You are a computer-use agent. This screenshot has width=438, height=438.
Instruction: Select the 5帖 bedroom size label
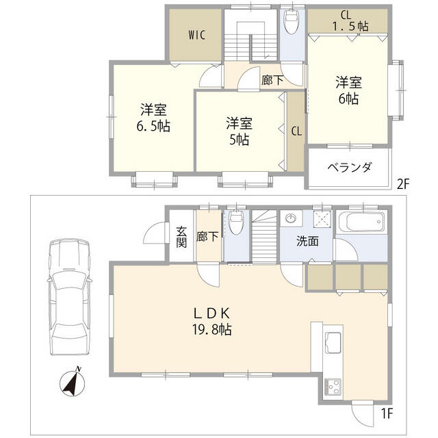tap(239, 140)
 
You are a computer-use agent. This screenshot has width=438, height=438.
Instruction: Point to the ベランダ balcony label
tap(348, 168)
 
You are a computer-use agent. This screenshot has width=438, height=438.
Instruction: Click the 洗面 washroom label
tap(307, 241)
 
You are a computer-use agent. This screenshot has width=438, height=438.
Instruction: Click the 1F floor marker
tap(387, 413)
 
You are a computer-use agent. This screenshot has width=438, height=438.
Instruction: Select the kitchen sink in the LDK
tap(333, 341)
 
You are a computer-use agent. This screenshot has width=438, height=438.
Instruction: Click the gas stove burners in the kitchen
tap(333, 386)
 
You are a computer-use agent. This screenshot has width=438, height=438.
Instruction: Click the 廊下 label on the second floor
tap(272, 80)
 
